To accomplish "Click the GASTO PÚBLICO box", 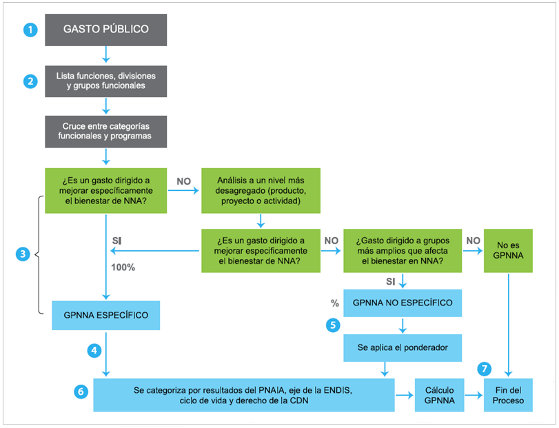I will (105, 30).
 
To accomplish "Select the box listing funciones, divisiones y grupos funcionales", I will (105, 81).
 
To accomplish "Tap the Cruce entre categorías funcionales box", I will (105, 131).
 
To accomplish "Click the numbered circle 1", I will (29, 30).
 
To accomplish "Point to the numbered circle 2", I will (29, 81).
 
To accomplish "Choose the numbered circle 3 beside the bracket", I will (22, 254).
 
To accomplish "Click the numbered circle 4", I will (94, 350).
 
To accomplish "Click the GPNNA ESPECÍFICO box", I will (105, 316).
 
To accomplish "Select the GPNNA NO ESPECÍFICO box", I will (403, 303).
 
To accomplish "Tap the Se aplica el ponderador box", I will (403, 348).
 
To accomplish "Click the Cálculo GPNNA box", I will (439, 395).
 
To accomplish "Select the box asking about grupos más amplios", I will (403, 250).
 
